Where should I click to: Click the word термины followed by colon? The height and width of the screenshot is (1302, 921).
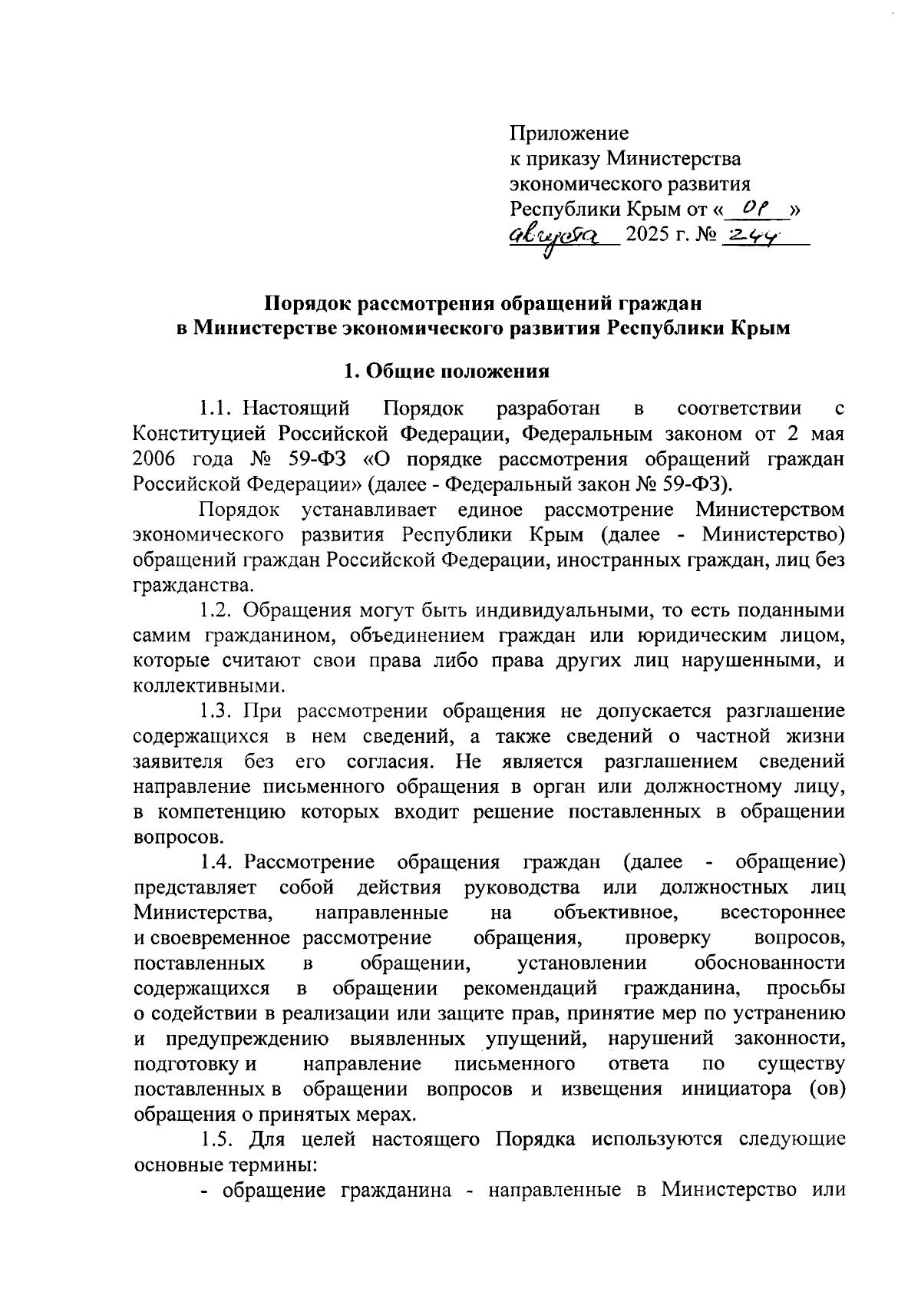(x=276, y=1165)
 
